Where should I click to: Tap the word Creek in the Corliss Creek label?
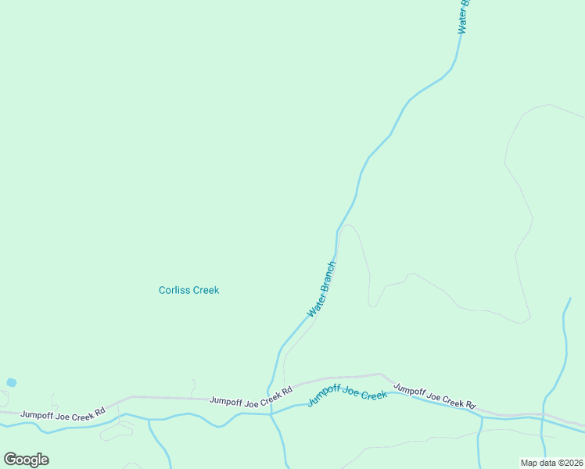pyautogui.click(x=205, y=290)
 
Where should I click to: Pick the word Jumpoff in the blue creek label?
pyautogui.click(x=321, y=396)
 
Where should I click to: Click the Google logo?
pyautogui.click(x=26, y=460)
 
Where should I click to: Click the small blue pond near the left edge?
pyautogui.click(x=11, y=383)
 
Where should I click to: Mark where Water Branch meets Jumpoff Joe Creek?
pyautogui.click(x=271, y=412)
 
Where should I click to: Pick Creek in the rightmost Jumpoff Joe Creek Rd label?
pyautogui.click(x=451, y=400)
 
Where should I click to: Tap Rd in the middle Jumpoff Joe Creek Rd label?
pyautogui.click(x=287, y=390)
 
